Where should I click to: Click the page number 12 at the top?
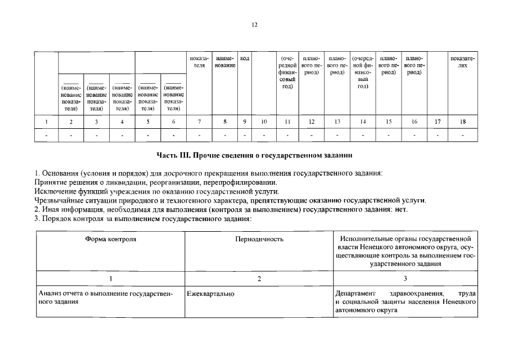254,25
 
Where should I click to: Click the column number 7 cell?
199,121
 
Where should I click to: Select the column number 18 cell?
462,121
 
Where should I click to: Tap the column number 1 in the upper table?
46,121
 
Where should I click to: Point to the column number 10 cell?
264,121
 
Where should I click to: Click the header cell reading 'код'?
245,58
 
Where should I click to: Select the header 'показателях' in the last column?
462,62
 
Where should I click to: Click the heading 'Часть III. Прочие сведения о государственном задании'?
254,155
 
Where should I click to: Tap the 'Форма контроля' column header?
111,239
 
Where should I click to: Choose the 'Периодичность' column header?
259,239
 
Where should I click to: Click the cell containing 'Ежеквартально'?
211,294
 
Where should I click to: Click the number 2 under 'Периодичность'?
259,278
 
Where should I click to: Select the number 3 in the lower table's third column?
405,278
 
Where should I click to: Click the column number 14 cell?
363,121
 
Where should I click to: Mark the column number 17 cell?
438,121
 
